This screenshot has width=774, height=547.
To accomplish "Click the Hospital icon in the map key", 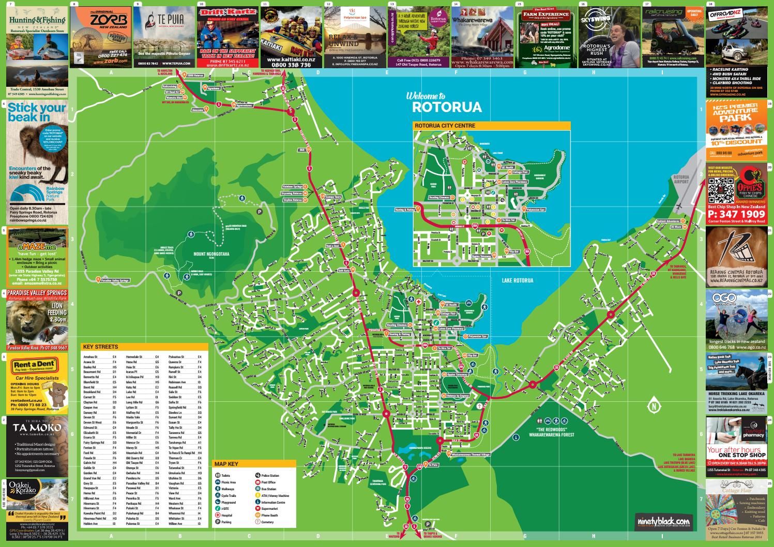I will click(218, 515).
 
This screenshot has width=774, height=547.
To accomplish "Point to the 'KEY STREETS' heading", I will click(100, 347).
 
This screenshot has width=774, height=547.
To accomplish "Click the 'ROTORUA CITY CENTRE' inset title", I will click(444, 126).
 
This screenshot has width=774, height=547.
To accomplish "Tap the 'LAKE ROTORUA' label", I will click(517, 280).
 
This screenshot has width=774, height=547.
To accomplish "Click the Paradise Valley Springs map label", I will click(115, 280).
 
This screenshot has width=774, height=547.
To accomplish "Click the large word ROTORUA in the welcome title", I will click(447, 107).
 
